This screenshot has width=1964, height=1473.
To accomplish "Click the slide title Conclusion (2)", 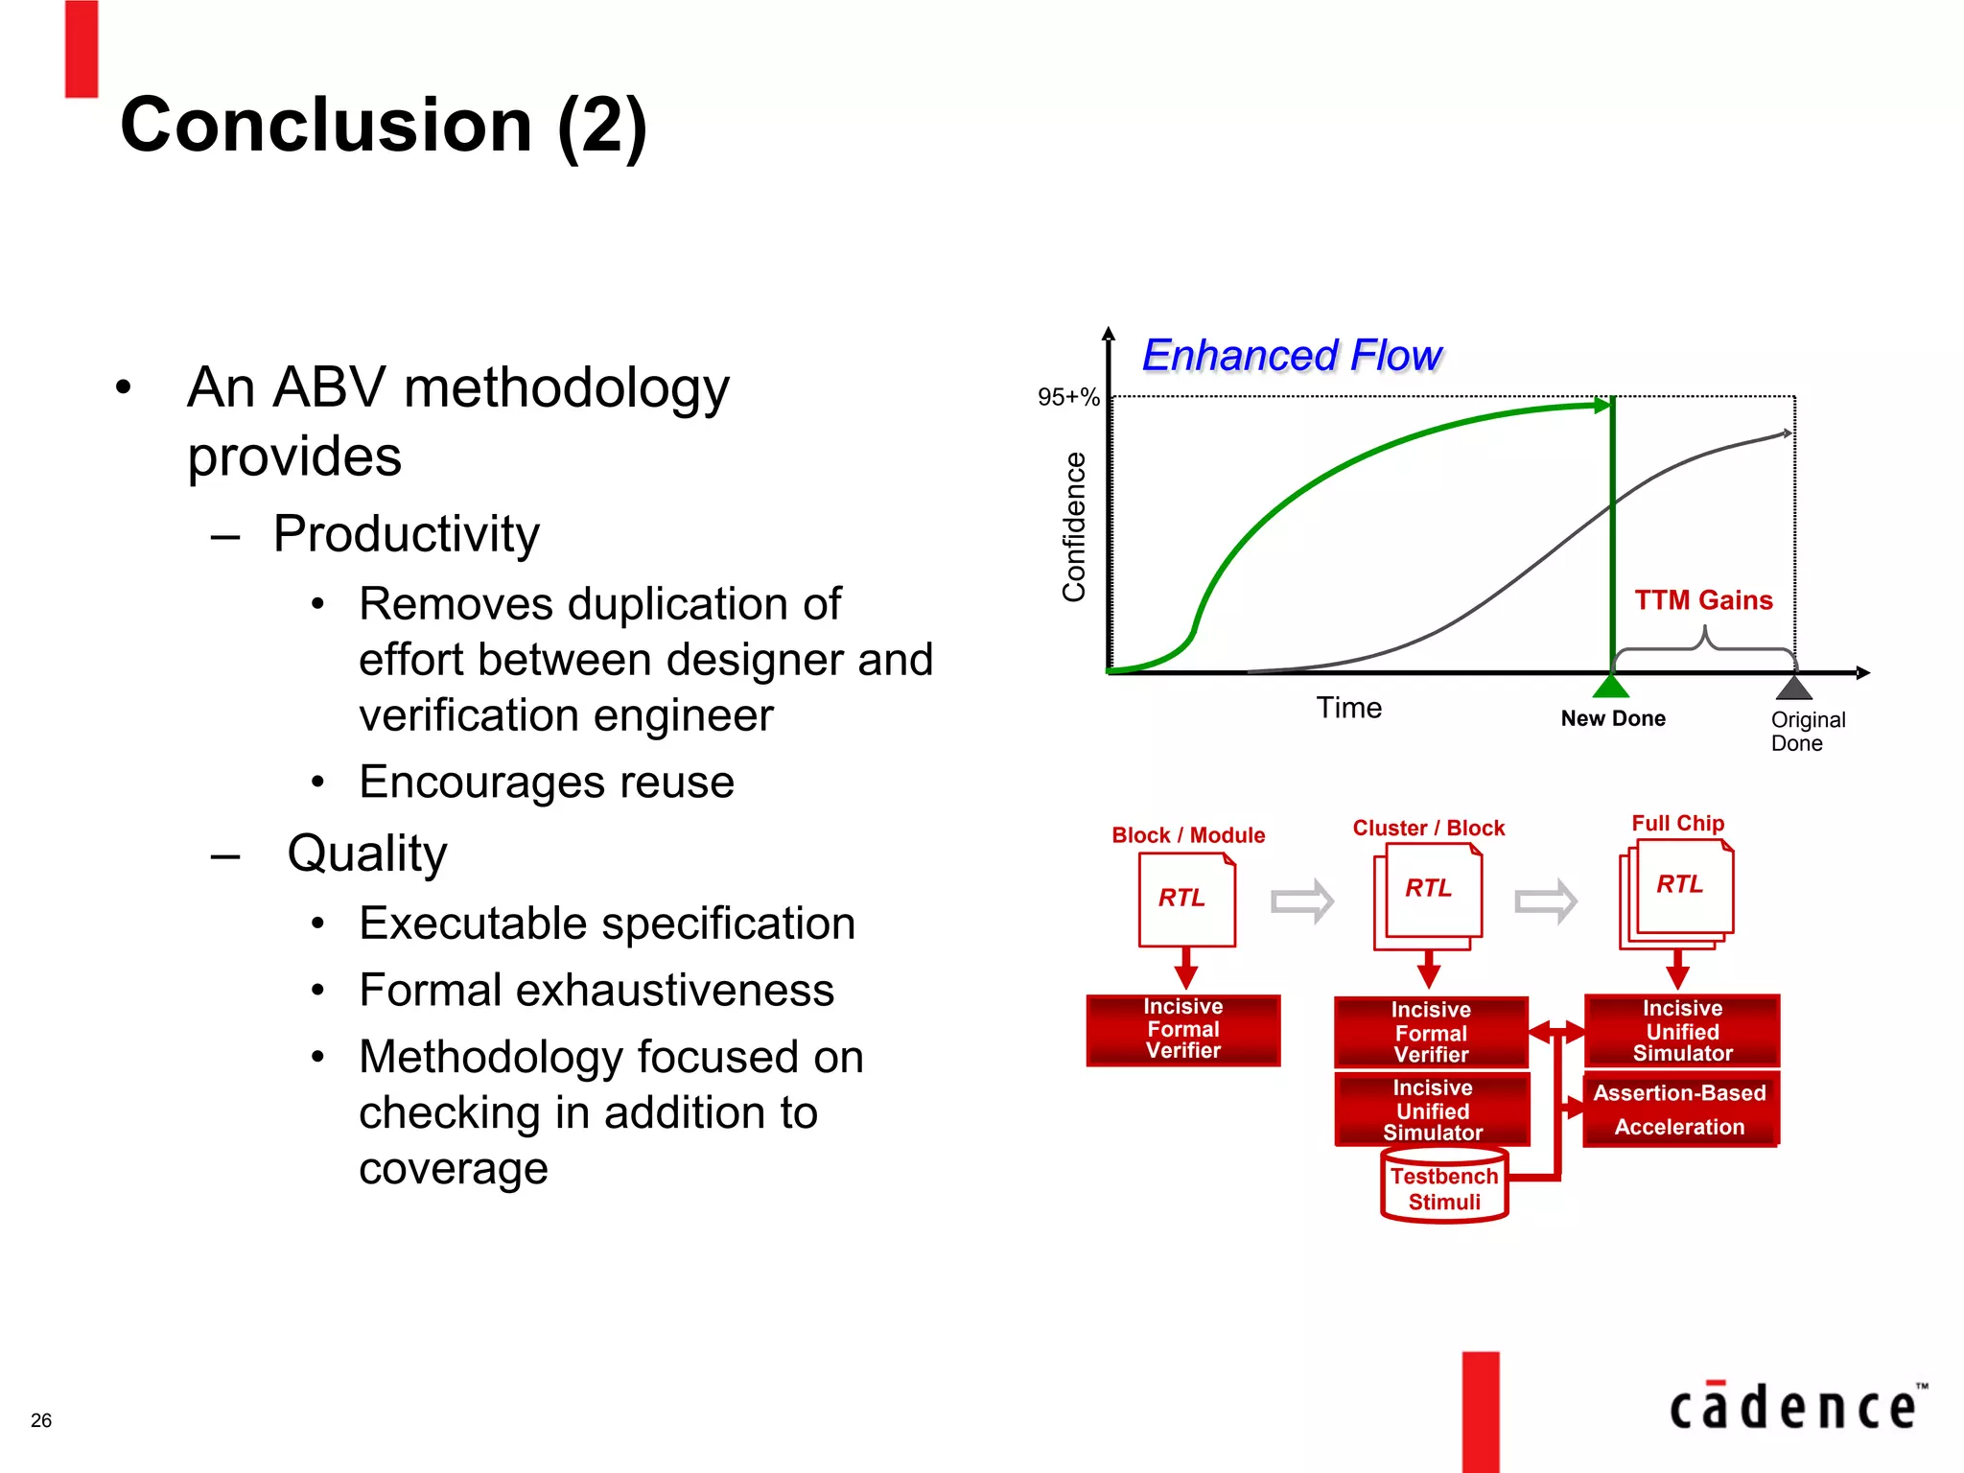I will tap(384, 126).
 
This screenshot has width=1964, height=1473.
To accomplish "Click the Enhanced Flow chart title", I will tap(1291, 356).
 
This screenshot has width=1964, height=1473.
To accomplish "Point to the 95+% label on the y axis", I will tap(1067, 397).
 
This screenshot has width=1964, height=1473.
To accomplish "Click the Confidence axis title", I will tap(1074, 526).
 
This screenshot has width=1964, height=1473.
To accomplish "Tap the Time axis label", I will tap(1348, 708).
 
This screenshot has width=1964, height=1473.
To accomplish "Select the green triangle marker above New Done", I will tap(1611, 687).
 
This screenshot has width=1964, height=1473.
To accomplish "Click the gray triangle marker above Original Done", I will tap(1793, 688).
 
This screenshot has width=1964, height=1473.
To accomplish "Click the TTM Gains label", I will tap(1703, 600).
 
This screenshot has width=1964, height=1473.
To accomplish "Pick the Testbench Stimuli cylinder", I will tap(1444, 1187).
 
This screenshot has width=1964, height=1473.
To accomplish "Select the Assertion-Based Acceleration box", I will tap(1680, 1110).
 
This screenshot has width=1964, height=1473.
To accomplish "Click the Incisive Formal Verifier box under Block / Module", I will tap(1183, 1030).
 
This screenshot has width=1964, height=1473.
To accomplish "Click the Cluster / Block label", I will tap(1428, 828).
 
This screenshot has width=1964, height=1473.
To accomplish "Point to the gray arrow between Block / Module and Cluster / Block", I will tap(1301, 900).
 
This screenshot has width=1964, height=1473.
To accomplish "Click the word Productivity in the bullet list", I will tap(406, 534).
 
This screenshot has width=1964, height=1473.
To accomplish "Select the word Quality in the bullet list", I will tap(367, 853).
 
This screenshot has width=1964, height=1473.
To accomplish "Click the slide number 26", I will tap(41, 1420).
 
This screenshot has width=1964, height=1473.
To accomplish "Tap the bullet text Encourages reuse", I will tap(547, 783).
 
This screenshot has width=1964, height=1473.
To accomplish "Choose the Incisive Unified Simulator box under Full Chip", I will tap(1682, 1031).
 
